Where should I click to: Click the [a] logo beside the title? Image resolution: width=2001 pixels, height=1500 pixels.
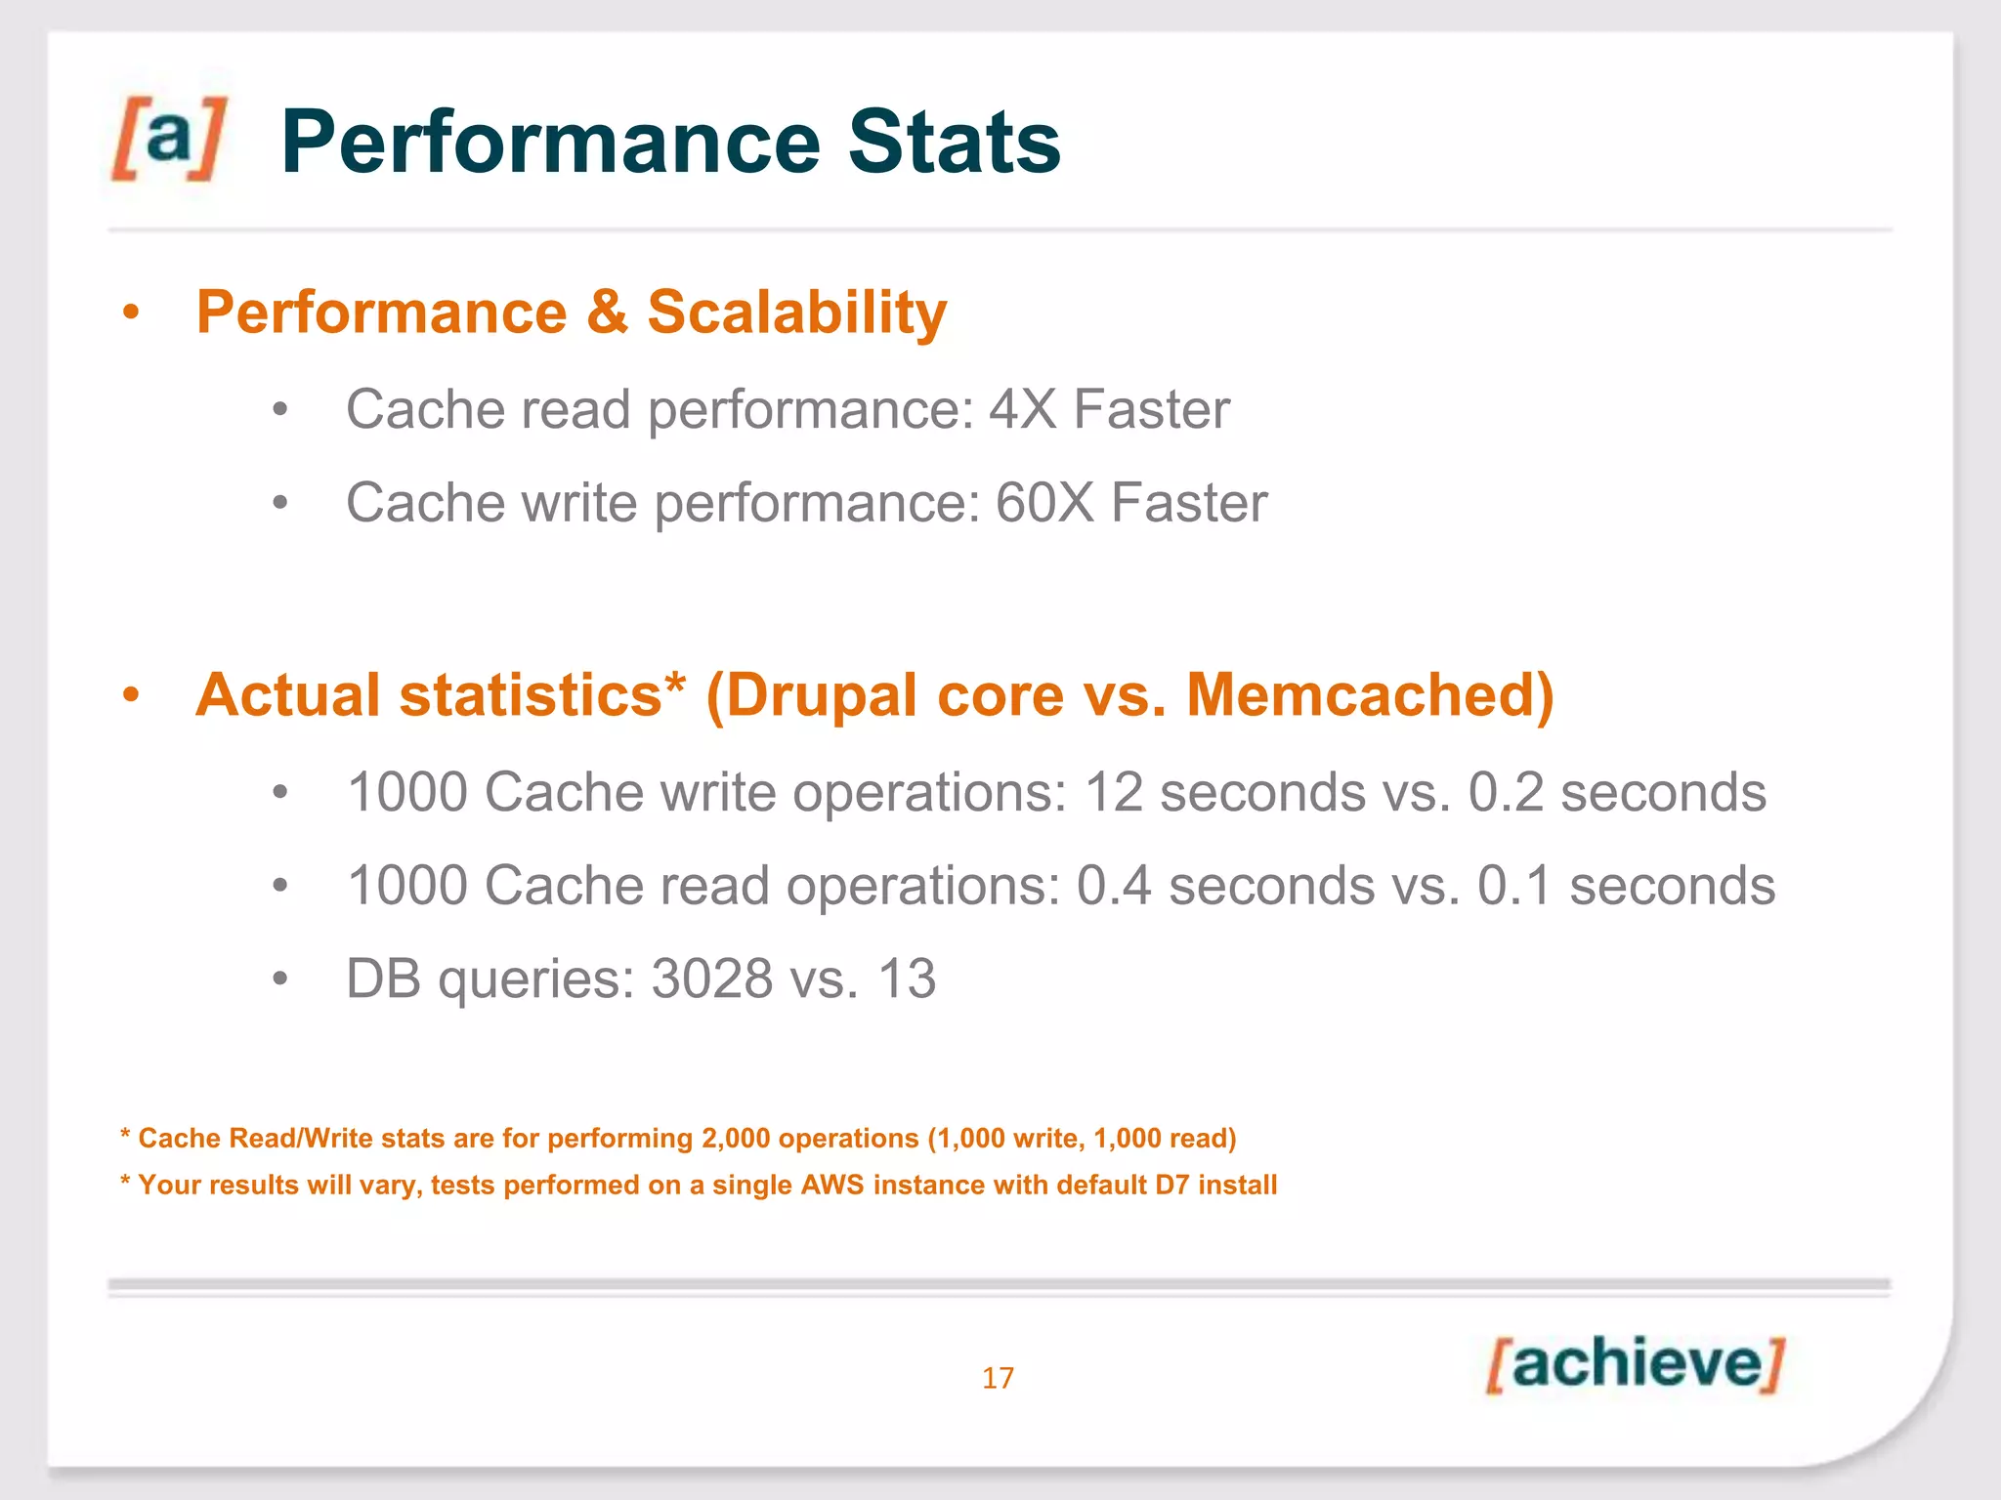(168, 139)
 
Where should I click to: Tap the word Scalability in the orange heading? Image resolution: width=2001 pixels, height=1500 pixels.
(796, 312)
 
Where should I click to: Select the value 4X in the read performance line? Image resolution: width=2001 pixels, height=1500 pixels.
(1023, 409)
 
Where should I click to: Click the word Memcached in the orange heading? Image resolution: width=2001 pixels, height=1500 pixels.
(1360, 695)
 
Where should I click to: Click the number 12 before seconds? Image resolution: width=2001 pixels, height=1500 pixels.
(1113, 792)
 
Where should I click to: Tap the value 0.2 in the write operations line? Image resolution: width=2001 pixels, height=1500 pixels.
(1505, 792)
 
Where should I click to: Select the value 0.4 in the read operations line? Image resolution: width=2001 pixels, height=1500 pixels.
(1113, 886)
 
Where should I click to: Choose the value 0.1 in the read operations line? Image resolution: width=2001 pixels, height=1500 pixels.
(1513, 886)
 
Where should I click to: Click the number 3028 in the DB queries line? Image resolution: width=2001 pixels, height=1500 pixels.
(711, 979)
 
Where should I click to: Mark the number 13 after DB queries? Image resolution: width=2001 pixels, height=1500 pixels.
(907, 979)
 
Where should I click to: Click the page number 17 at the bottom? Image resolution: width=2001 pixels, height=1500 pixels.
(998, 1378)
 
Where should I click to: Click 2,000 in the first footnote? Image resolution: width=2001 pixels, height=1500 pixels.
(735, 1139)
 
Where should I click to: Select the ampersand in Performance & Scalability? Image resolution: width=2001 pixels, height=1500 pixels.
(607, 312)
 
